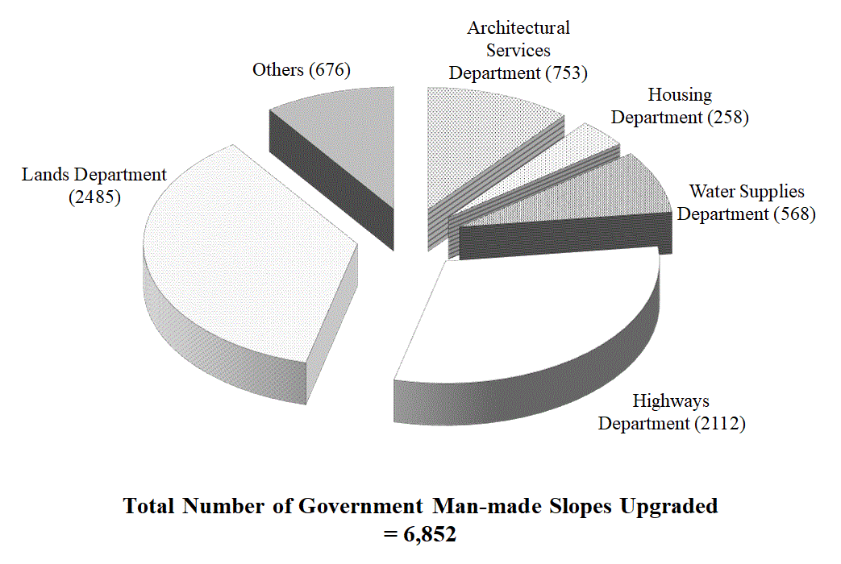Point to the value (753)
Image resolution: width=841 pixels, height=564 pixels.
[x=567, y=73]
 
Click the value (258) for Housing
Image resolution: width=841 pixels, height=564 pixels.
[x=728, y=117]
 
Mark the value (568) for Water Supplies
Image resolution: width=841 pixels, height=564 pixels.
[x=794, y=214]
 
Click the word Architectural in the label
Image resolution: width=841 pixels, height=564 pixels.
[x=518, y=28]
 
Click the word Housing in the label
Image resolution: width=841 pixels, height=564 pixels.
[x=680, y=95]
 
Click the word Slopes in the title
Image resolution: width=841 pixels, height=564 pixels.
[x=580, y=506]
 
